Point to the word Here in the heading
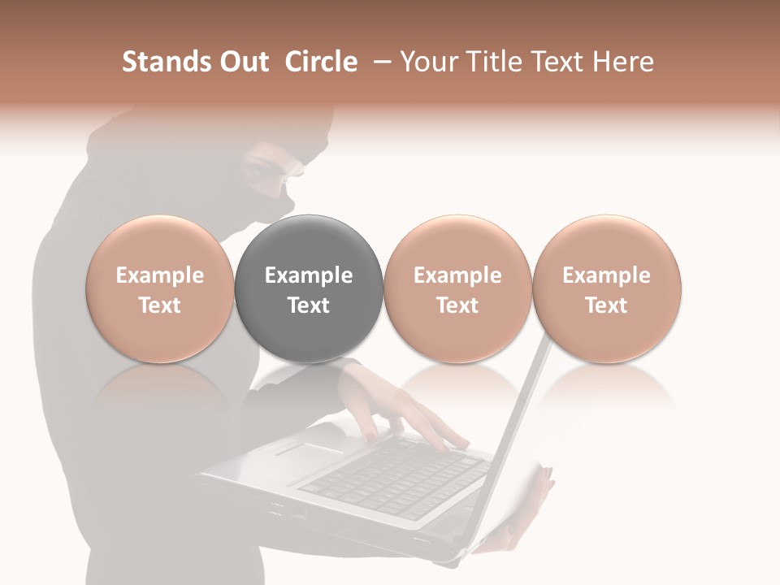pos(623,62)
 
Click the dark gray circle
pos(309,288)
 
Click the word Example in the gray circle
pos(309,275)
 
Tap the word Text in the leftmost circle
pos(160,305)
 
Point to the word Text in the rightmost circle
pos(607,305)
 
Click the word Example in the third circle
pos(457,275)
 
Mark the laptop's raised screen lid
pos(520,422)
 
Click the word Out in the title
pos(243,62)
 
